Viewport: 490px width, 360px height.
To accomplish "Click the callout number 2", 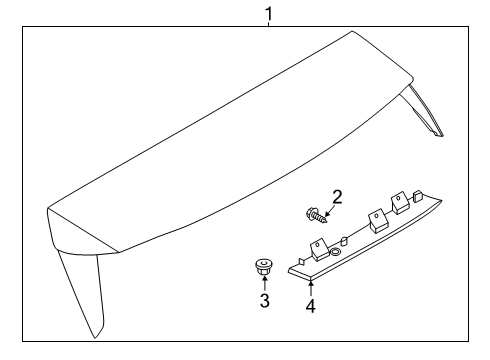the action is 337,196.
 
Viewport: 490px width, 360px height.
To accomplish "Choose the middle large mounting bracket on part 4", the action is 376,218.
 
